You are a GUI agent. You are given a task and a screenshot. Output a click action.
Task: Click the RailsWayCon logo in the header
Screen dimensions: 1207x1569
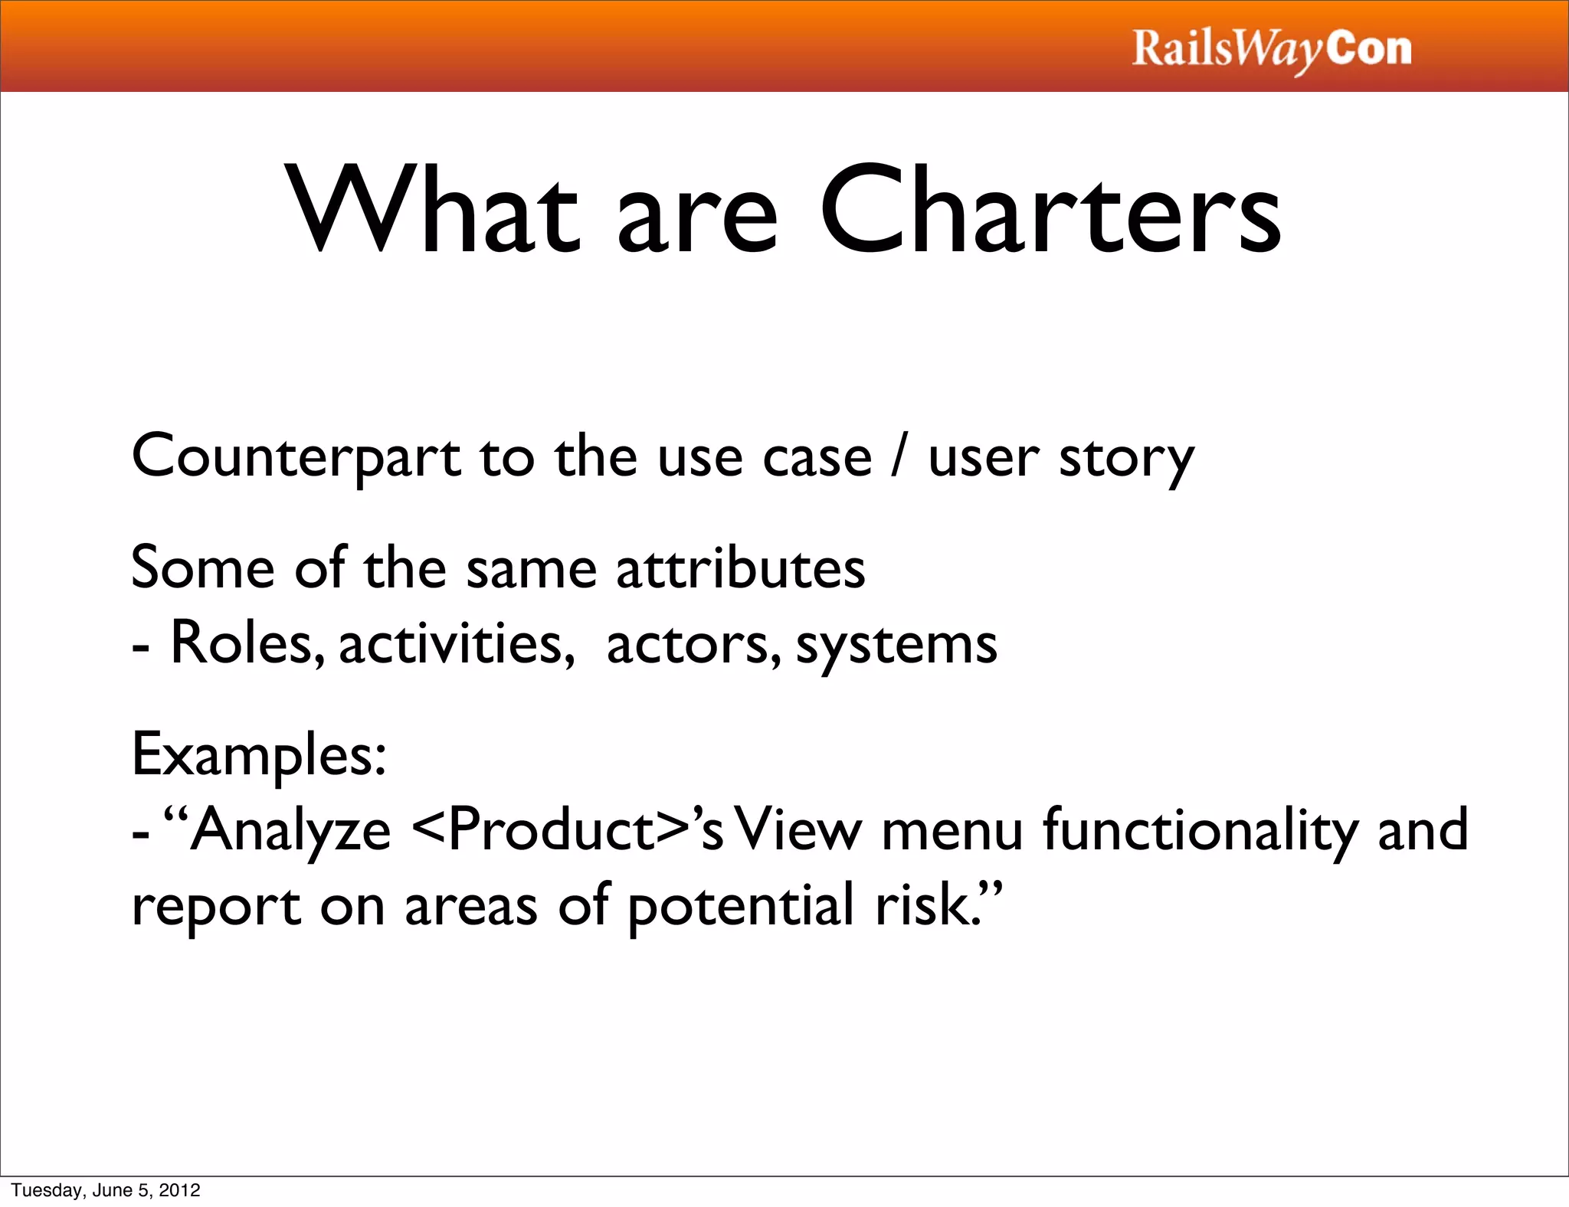(x=1272, y=50)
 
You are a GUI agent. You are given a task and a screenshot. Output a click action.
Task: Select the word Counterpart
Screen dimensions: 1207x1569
(x=296, y=458)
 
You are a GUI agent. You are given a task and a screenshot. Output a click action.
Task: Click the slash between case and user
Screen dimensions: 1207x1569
(x=899, y=456)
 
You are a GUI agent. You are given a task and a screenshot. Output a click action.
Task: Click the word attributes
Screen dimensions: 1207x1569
(x=740, y=568)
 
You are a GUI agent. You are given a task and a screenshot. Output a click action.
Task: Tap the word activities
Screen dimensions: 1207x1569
(x=457, y=643)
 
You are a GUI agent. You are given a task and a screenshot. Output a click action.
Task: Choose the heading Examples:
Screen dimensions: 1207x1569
(x=259, y=755)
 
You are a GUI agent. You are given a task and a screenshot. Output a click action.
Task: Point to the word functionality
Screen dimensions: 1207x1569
(x=1200, y=832)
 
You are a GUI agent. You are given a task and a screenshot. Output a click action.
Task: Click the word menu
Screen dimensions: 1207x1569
(x=952, y=832)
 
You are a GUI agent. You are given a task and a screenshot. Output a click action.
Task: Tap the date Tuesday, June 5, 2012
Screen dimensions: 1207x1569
(x=106, y=1190)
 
